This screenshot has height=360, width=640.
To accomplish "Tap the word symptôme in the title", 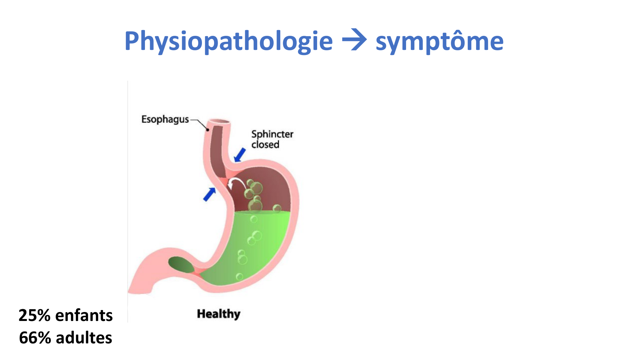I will point(439,42).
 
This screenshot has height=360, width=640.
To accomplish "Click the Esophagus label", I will point(165,119).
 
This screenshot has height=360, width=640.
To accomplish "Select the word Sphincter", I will point(272,134).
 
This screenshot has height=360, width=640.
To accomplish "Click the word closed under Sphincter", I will point(265,145).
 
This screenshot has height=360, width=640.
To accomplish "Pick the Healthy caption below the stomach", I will point(219,314).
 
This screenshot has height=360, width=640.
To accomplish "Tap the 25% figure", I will point(35,316).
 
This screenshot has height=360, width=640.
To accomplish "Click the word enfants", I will point(84,316).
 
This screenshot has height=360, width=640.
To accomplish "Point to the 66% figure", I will point(35,338).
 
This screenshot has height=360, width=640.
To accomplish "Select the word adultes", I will point(84,338).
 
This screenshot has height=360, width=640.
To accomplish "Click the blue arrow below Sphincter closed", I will point(240,155).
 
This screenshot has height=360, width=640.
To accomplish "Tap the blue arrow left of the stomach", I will point(210,194).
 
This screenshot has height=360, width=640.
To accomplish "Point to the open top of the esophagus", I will point(219,122).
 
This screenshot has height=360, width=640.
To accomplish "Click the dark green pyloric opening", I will point(181,265).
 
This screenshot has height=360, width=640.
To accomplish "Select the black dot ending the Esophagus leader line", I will point(208,130).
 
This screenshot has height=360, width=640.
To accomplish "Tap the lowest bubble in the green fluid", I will point(239,277).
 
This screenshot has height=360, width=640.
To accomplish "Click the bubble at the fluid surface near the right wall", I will point(277,209).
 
